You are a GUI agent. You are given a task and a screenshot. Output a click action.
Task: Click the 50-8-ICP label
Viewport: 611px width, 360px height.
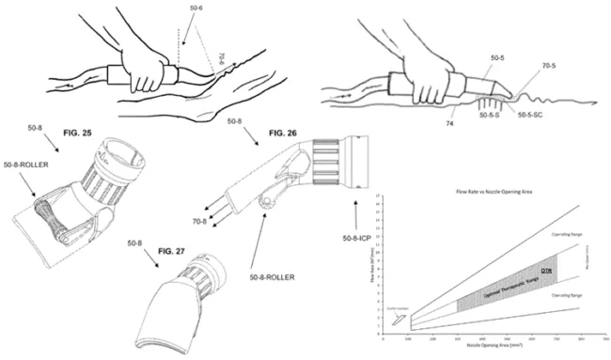click(x=356, y=224)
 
